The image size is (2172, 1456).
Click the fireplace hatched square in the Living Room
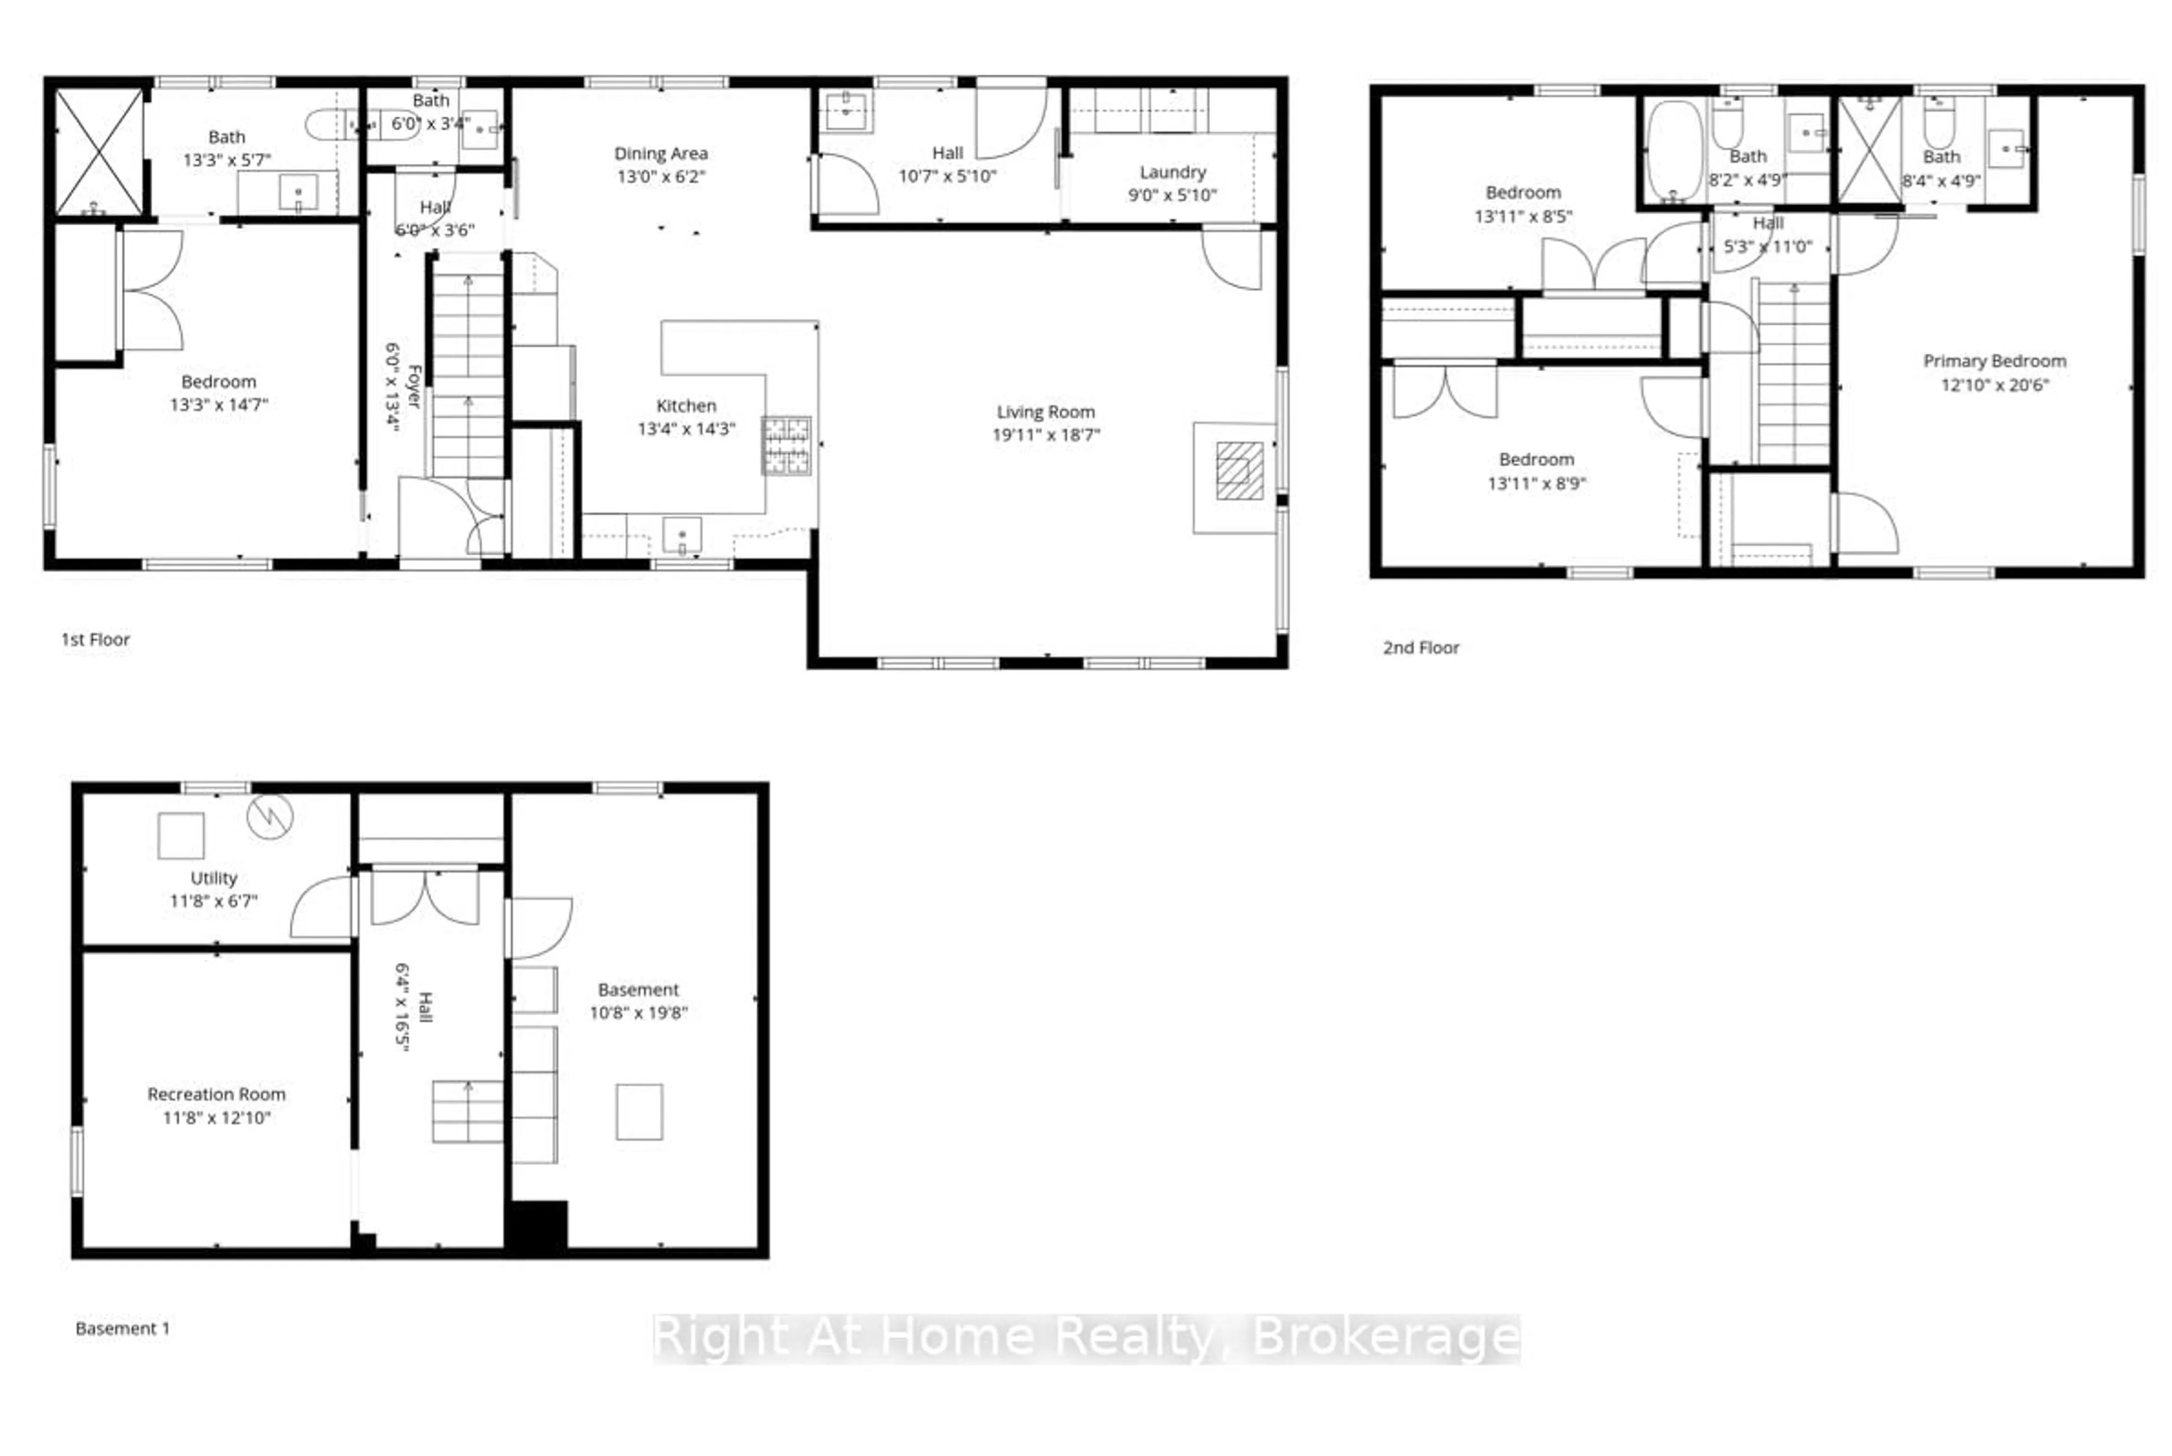click(x=1239, y=471)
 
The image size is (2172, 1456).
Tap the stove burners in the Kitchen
click(x=786, y=446)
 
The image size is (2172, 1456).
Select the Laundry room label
click(x=1173, y=173)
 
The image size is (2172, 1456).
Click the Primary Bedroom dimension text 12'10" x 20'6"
click(x=1994, y=384)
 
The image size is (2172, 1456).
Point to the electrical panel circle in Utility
click(x=270, y=816)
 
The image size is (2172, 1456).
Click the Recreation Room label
click(x=216, y=1094)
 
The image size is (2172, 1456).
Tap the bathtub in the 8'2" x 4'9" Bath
click(x=1674, y=151)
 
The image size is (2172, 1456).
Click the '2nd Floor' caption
click(x=1420, y=647)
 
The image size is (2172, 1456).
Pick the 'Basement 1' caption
click(x=123, y=1328)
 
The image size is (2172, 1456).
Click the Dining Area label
click(x=661, y=153)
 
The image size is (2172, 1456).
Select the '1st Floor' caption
click(x=96, y=639)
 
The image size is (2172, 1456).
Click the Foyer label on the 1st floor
click(x=414, y=386)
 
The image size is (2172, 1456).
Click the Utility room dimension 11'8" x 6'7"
click(x=213, y=901)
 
